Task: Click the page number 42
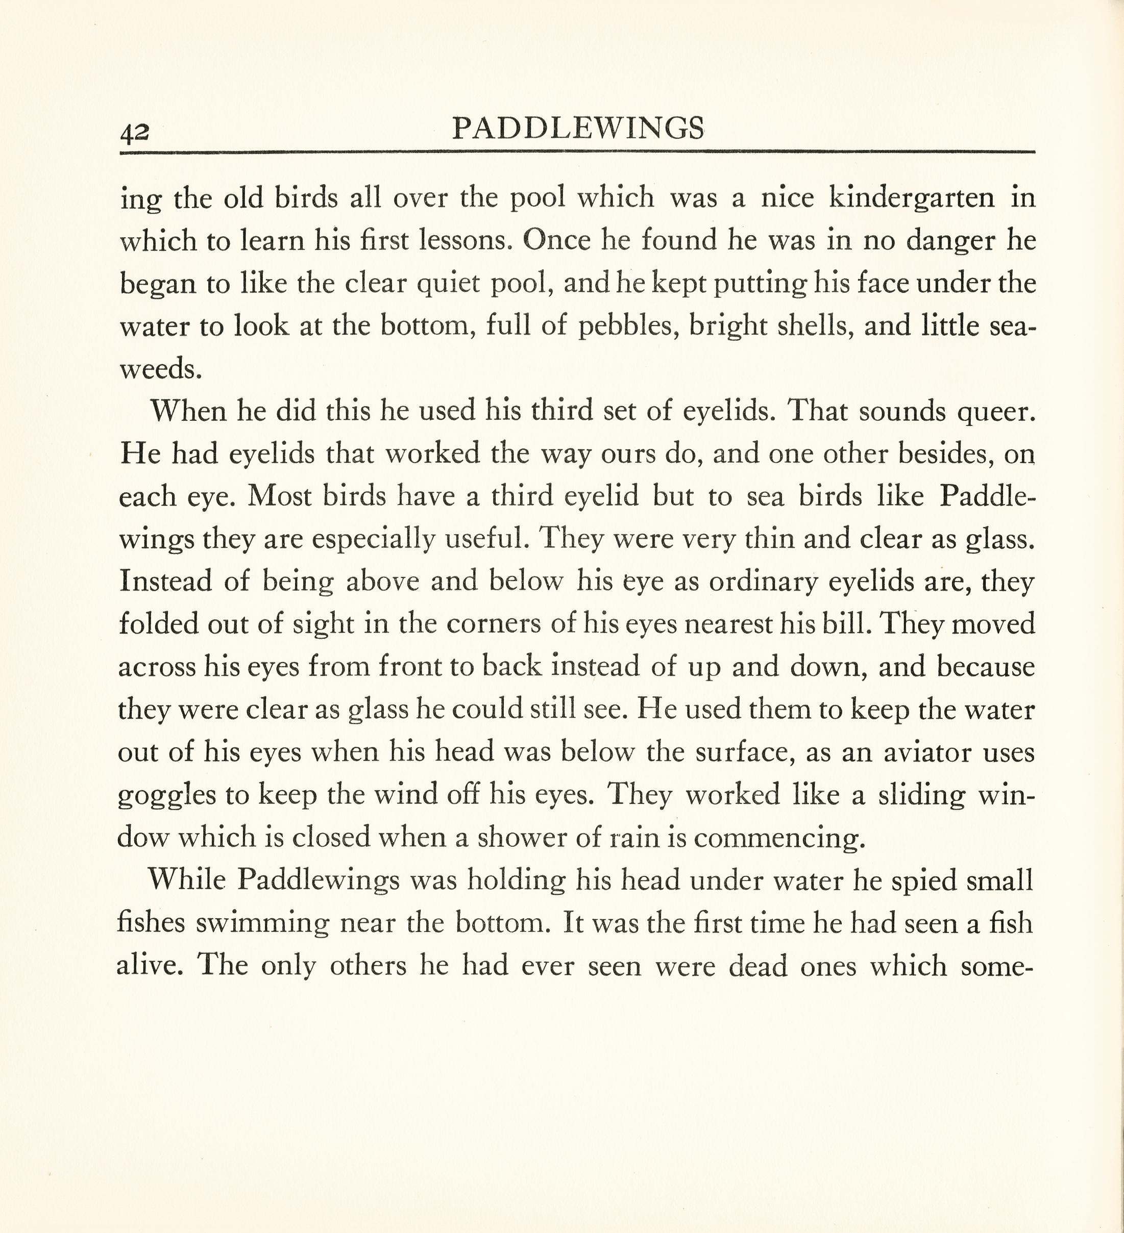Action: click(134, 132)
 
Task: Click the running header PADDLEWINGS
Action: click(578, 129)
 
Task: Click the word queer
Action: click(995, 412)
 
